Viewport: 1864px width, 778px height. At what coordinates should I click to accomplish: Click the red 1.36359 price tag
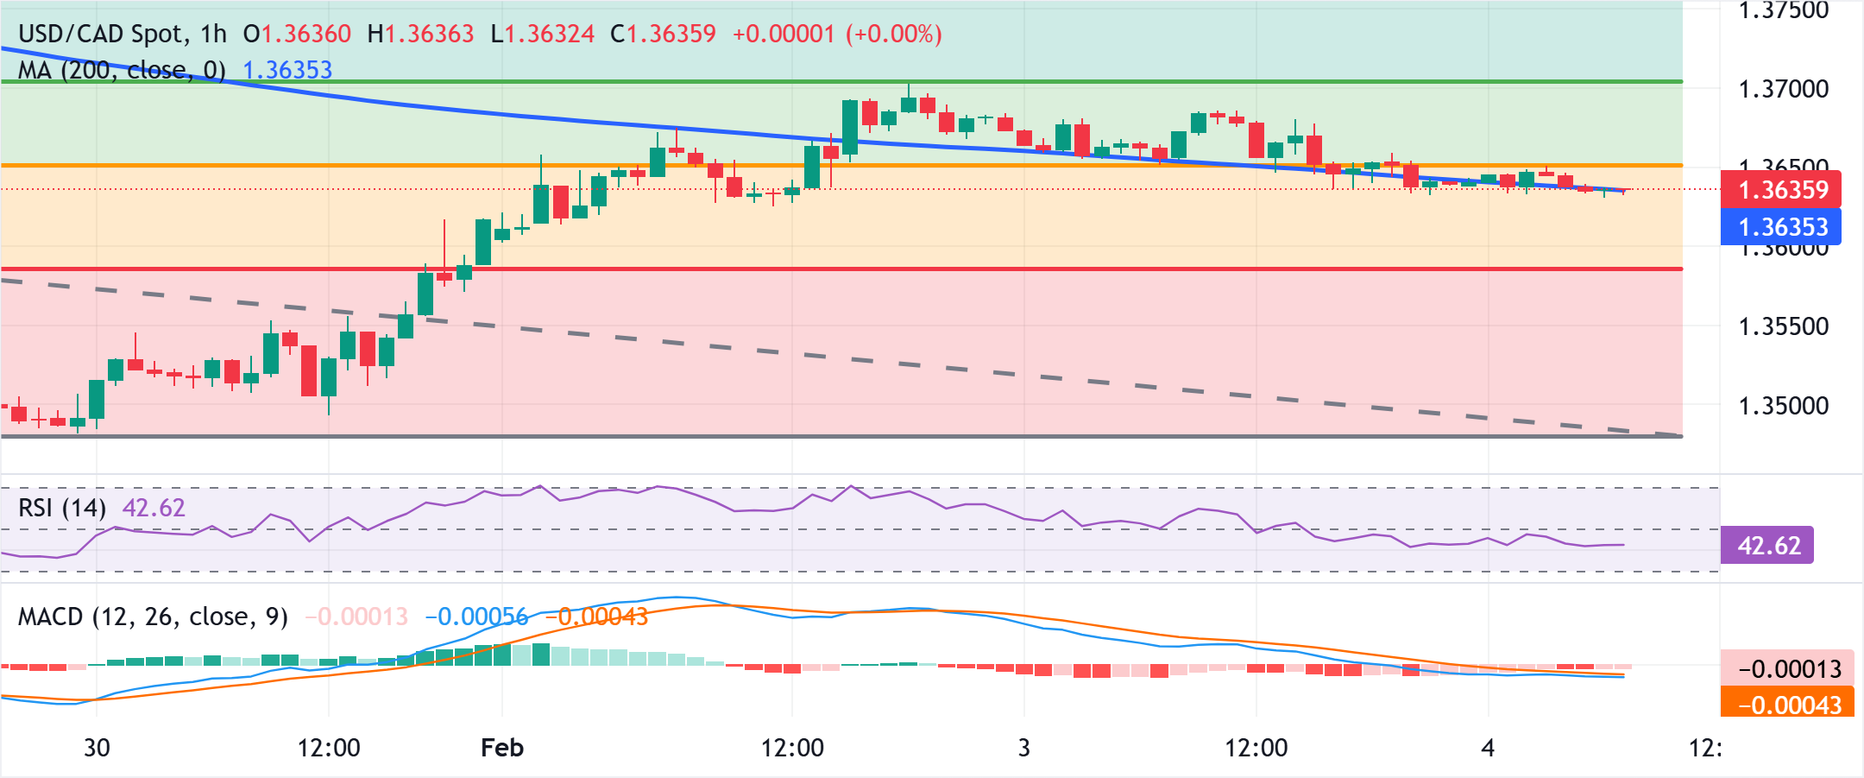(1781, 189)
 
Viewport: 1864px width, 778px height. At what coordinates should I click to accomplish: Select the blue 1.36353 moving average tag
(1781, 227)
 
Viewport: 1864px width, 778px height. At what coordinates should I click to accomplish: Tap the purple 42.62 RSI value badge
(1767, 546)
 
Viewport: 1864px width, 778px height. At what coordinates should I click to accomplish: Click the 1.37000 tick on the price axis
(1783, 89)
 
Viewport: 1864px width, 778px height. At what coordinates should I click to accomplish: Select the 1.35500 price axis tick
(1783, 326)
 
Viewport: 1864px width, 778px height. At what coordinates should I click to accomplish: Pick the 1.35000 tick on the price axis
(1783, 406)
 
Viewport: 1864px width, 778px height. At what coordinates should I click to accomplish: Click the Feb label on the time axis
(502, 748)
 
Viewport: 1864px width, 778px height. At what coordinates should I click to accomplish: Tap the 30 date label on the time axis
(97, 748)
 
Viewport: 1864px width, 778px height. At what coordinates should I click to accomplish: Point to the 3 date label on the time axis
(1024, 748)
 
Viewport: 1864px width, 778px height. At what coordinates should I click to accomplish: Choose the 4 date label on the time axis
(1488, 748)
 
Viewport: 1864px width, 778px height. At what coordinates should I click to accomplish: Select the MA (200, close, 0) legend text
(122, 70)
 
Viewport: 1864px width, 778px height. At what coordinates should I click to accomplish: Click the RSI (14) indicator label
(62, 508)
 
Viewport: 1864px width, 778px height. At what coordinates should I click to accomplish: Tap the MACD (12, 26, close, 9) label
(153, 617)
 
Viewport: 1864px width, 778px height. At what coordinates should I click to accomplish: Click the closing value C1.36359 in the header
(663, 34)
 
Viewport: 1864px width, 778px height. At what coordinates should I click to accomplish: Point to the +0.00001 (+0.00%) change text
(837, 34)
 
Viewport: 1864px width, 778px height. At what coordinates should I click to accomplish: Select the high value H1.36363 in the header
(420, 34)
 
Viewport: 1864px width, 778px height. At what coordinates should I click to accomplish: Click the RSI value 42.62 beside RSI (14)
(154, 508)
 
